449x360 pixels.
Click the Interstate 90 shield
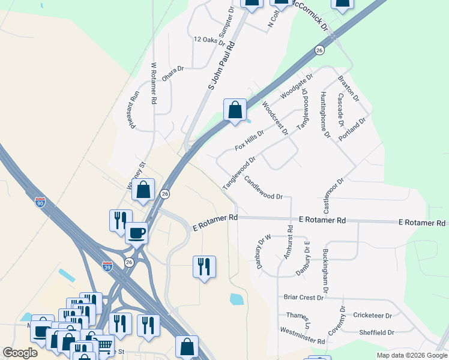40,203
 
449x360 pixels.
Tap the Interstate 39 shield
107,266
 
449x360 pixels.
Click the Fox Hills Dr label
249,139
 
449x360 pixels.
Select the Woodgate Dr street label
297,87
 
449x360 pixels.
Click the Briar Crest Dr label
304,297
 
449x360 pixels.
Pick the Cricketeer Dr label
372,315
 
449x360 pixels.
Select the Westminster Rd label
302,335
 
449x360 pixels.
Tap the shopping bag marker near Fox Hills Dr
235,110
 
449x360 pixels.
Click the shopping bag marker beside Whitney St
143,190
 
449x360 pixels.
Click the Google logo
20,353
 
